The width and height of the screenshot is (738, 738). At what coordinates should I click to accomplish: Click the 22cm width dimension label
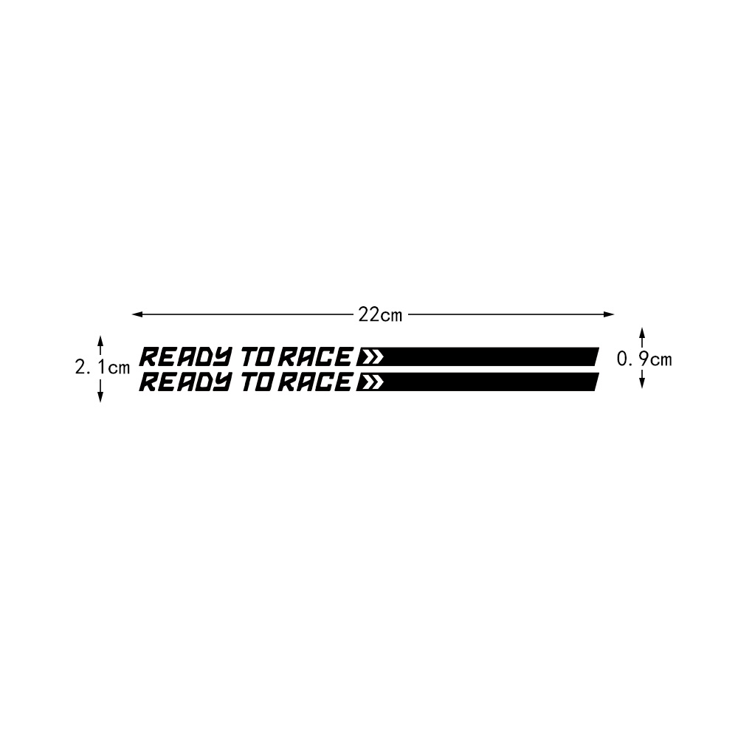tap(380, 315)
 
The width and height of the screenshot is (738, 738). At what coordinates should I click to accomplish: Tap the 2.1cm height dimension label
tap(103, 367)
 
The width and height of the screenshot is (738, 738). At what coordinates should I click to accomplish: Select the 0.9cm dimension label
tap(644, 359)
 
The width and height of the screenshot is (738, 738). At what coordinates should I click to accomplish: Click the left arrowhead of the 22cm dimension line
tap(137, 314)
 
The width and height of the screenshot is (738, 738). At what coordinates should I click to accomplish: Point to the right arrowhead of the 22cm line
tap(609, 314)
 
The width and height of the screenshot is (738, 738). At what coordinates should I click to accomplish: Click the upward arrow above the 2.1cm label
tap(100, 345)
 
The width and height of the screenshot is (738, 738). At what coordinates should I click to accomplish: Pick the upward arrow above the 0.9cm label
tap(641, 338)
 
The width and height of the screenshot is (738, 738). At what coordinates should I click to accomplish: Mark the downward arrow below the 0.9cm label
tap(641, 379)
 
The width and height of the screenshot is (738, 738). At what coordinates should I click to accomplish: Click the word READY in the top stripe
tap(185, 356)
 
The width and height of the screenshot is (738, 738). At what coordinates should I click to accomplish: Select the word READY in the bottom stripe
tap(185, 382)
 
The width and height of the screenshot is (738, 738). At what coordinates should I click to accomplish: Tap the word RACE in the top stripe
tap(315, 356)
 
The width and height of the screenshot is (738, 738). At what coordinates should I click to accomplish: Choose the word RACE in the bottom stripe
tap(315, 382)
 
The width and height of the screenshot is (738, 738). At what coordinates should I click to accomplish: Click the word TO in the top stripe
tap(258, 356)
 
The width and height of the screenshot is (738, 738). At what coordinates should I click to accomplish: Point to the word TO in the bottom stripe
tap(258, 382)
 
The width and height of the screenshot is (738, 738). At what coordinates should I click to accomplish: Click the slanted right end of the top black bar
tap(597, 356)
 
